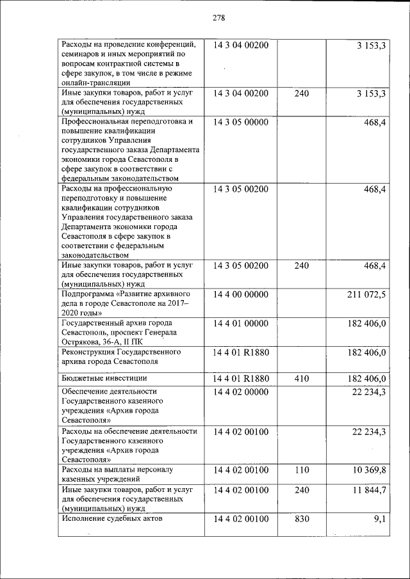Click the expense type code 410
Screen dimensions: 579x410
[301, 379]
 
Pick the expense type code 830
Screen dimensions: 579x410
[301, 518]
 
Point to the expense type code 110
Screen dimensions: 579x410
[301, 470]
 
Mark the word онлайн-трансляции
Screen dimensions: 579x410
[96, 82]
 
